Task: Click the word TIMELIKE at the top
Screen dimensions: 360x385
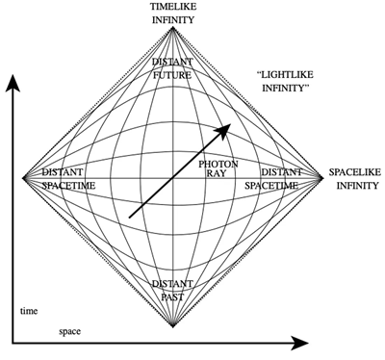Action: [173, 7]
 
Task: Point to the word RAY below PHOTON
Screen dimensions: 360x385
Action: [218, 176]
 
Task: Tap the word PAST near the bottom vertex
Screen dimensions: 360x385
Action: [173, 296]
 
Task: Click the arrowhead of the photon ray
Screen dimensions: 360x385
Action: [228, 126]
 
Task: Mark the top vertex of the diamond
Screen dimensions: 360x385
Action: [173, 27]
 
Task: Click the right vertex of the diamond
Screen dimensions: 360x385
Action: [322, 177]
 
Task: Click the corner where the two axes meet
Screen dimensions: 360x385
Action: [13, 342]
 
